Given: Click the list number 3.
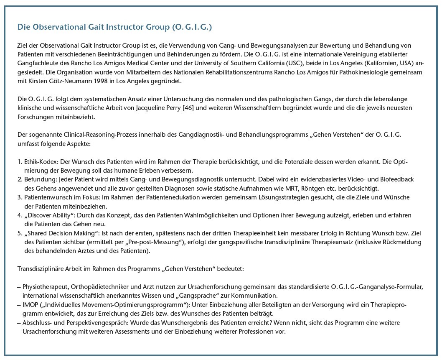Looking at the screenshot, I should (19, 197).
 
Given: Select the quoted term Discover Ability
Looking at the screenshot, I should (47, 215).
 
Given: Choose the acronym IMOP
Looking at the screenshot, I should (30, 305).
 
